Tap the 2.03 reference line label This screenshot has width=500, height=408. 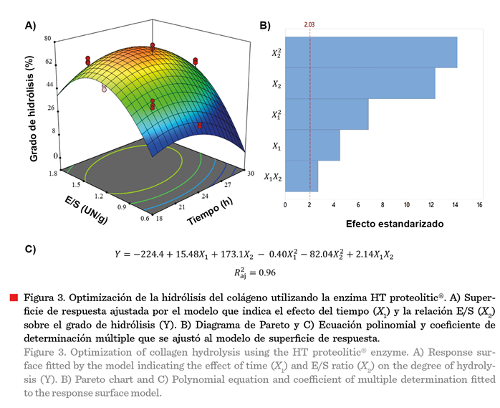(309, 25)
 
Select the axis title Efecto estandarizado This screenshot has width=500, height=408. (394, 223)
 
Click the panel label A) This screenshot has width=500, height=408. (29, 25)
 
